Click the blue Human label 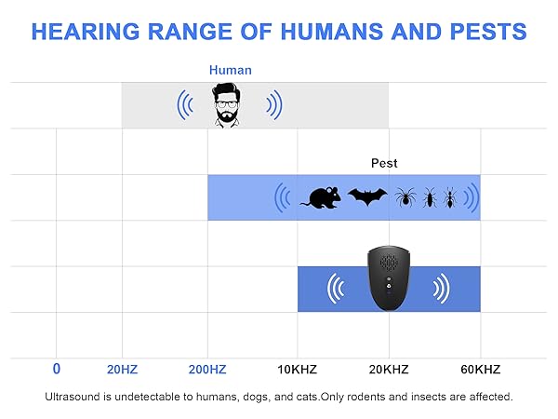pos(230,70)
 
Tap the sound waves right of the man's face pos(272,105)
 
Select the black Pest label pos(384,163)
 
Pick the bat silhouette pos(366,196)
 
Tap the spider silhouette pos(405,196)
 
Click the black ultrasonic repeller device pos(388,278)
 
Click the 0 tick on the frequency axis pos(57,369)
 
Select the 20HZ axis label pos(122,370)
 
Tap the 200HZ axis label pos(207,370)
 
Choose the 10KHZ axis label pos(298,370)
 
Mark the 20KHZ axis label pos(389,370)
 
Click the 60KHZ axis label pos(480,370)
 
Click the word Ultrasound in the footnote pos(73,397)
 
